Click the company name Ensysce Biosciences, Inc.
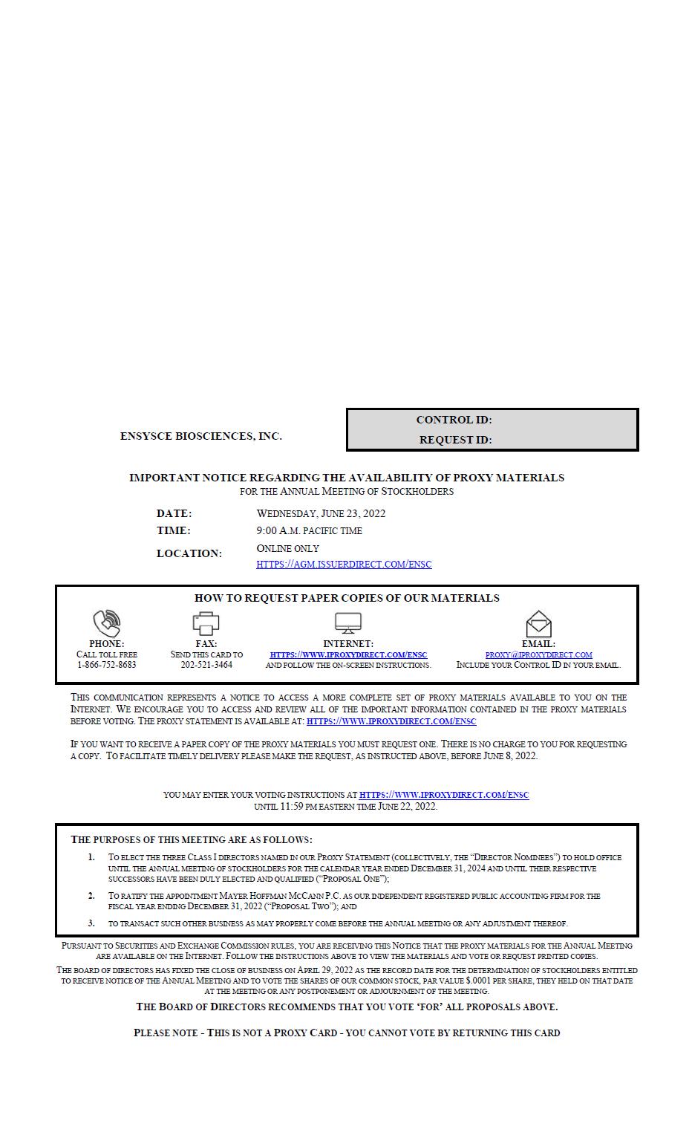200,436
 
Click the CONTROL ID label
454,420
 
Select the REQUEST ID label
455,440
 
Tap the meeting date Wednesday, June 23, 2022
321,513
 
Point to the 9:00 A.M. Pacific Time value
309,530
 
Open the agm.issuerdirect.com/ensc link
344,564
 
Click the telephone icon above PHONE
107,622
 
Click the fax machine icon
206,622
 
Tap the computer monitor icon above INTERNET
347,622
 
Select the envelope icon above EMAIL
538,623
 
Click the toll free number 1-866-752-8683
107,665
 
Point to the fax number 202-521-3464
206,665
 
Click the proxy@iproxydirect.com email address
538,654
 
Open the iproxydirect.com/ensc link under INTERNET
348,654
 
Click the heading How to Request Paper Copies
347,598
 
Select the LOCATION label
189,553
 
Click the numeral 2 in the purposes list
91,895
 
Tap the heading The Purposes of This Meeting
191,839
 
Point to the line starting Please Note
347,1033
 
